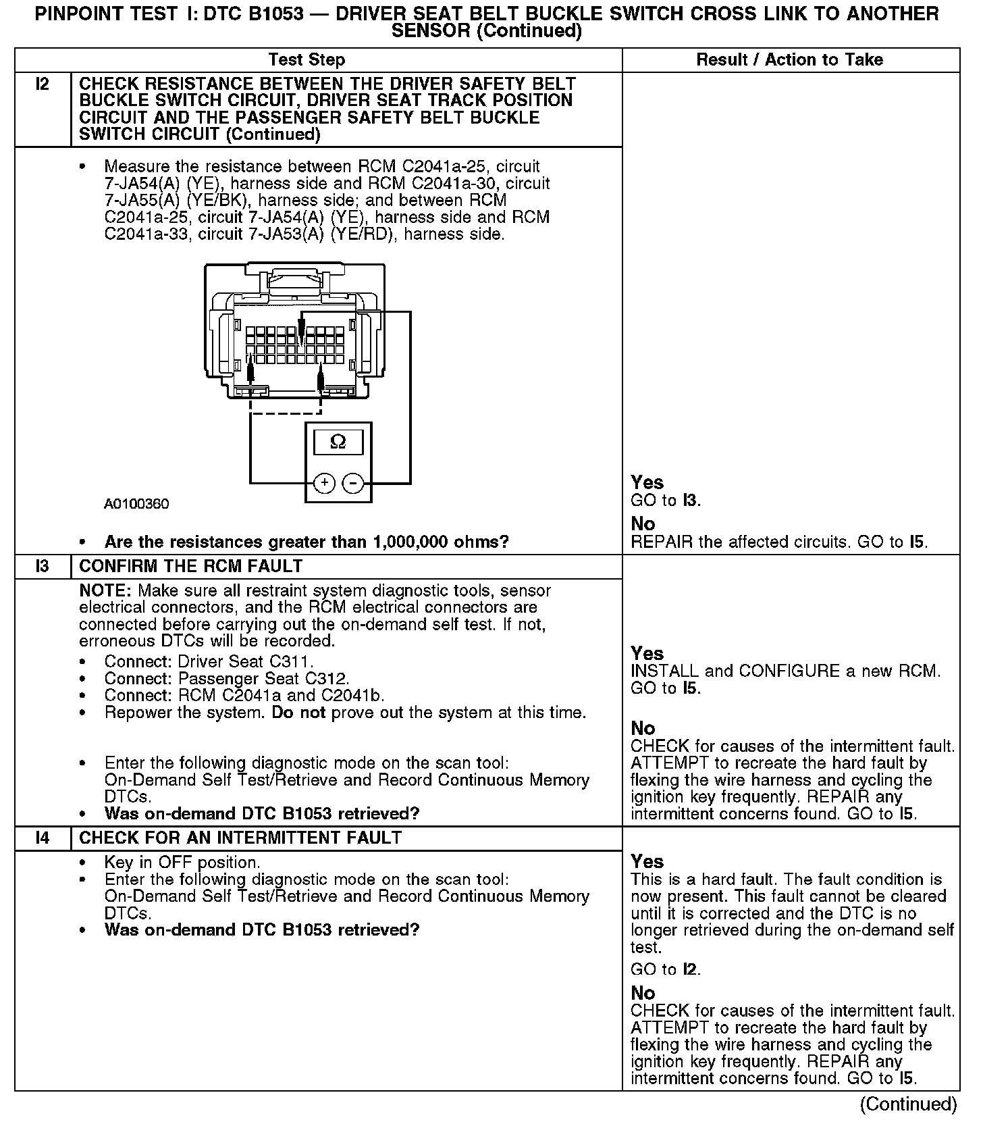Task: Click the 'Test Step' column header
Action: (307, 59)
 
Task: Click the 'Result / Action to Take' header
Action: (789, 59)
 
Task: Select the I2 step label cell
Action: (43, 84)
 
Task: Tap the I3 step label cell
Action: (43, 566)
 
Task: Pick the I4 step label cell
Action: (43, 838)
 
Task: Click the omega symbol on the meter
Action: (338, 442)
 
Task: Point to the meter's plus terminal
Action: (325, 483)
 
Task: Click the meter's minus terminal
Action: (353, 483)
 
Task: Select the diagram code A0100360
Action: (136, 504)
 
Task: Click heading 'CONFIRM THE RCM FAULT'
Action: (191, 566)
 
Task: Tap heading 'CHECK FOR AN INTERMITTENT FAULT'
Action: (240, 838)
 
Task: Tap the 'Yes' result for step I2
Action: (647, 482)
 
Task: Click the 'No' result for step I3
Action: (643, 728)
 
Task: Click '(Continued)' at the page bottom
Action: (908, 1104)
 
